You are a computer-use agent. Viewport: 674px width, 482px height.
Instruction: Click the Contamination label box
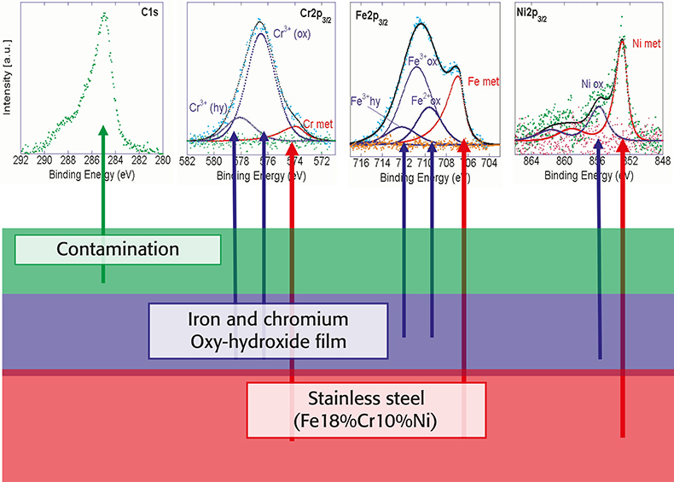118,250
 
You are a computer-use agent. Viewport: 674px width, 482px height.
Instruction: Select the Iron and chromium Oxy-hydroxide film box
267,330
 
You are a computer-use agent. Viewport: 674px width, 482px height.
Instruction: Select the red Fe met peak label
484,81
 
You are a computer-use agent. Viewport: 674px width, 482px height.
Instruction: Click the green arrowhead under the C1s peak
102,131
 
